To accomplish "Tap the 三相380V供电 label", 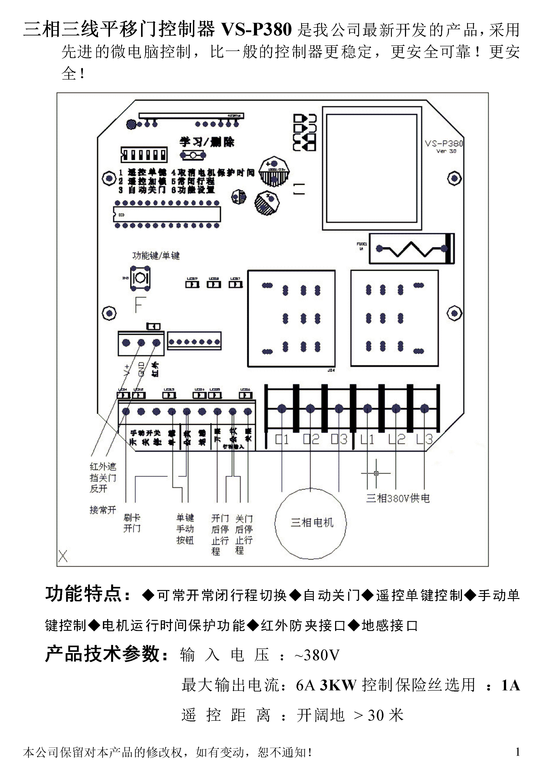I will (x=398, y=498).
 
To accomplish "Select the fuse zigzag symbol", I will (x=411, y=249).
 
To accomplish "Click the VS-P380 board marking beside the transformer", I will (x=443, y=144).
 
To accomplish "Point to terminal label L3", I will (x=425, y=440).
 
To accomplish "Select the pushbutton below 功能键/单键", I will (x=140, y=278).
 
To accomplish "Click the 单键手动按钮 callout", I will (x=185, y=529).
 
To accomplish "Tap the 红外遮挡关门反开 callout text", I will (x=103, y=477).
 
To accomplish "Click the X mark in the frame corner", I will (x=63, y=556).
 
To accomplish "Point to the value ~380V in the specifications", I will (x=317, y=655).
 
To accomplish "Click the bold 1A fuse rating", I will (x=510, y=685).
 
